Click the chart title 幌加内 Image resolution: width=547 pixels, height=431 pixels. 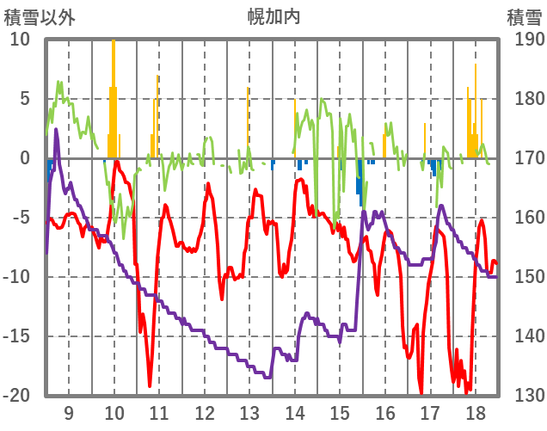(273, 15)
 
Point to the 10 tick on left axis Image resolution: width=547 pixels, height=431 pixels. (20, 40)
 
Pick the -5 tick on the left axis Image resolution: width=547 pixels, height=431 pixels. (20, 218)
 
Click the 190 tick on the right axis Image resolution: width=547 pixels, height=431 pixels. (524, 40)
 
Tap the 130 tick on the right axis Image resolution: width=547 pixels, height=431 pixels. (524, 396)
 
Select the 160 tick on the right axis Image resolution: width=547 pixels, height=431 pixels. (524, 218)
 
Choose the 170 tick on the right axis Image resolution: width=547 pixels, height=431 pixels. (524, 158)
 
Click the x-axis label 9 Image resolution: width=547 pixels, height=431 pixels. (69, 411)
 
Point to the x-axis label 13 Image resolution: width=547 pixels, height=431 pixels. (249, 411)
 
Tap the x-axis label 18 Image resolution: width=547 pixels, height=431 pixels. (475, 411)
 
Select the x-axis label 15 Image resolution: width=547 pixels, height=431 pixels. (340, 411)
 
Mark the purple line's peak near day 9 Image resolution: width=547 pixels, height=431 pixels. (56, 130)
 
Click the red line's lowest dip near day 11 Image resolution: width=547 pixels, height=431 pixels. (150, 385)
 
